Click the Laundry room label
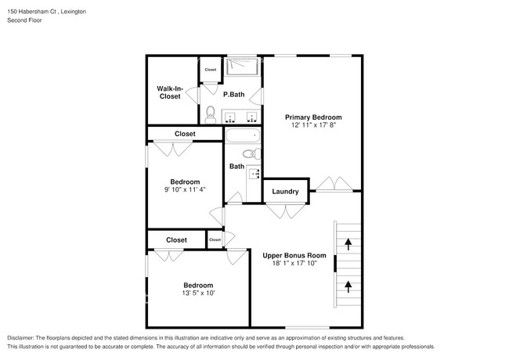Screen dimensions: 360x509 (x=285, y=192)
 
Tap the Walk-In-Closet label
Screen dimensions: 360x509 (x=170, y=92)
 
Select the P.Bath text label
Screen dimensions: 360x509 (x=233, y=95)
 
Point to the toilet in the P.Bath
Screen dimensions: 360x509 (x=210, y=117)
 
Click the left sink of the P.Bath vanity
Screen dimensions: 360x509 (x=231, y=117)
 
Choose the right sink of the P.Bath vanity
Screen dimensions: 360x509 (x=251, y=117)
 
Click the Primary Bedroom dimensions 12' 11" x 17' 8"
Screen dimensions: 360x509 (x=312, y=126)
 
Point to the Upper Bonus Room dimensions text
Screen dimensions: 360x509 (x=294, y=265)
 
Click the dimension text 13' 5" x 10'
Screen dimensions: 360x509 (x=197, y=294)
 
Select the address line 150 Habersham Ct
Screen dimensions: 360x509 (x=46, y=12)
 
